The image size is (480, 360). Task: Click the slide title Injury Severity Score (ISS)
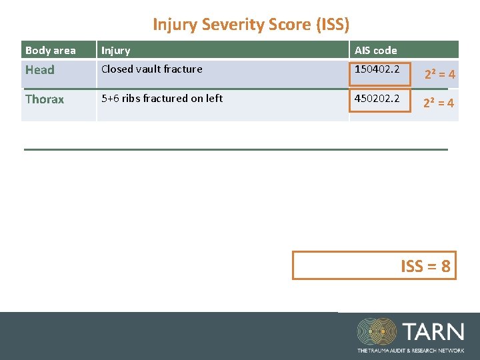click(x=251, y=25)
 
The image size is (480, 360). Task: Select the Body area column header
click(x=51, y=51)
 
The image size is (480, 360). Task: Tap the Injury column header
click(x=116, y=51)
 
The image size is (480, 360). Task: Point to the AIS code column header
click(x=375, y=51)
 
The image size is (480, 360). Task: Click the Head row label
click(x=40, y=70)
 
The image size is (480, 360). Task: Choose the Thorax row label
click(x=45, y=99)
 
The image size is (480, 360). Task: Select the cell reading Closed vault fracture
click(x=151, y=69)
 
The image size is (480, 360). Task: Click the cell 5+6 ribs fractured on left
click(x=162, y=99)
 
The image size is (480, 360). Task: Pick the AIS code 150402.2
click(x=377, y=69)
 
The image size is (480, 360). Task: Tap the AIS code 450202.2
click(x=377, y=99)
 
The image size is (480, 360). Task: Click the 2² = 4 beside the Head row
click(x=440, y=75)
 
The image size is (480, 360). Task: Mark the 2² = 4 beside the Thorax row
click(x=440, y=103)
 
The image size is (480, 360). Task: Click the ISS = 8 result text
click(x=425, y=267)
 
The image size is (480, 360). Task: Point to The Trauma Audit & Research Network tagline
click(x=410, y=350)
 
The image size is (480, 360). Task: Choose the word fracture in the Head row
click(x=182, y=69)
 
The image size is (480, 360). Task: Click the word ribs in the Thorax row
click(x=131, y=99)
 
